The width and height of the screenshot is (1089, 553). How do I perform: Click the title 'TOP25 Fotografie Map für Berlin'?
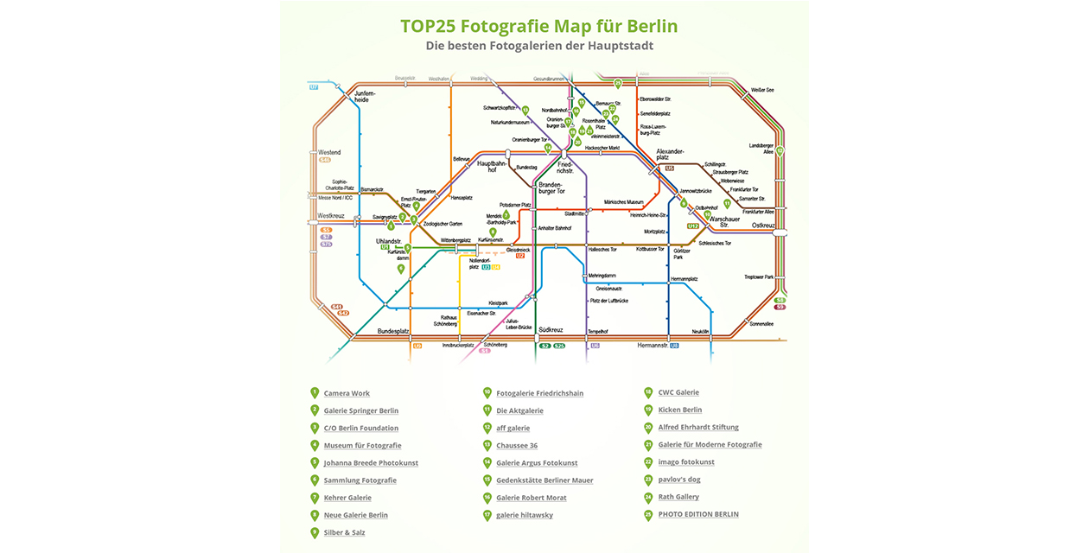[x=538, y=26]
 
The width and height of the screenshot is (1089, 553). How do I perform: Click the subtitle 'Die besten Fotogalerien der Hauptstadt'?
[x=538, y=46]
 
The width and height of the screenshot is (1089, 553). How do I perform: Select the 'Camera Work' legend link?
[x=347, y=393]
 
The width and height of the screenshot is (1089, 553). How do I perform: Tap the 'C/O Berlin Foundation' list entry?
[x=360, y=428]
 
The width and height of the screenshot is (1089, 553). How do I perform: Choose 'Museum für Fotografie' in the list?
[x=362, y=445]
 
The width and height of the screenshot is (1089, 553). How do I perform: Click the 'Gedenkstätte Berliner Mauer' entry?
[x=544, y=480]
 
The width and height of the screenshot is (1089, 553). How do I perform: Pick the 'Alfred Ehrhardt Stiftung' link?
[x=698, y=427]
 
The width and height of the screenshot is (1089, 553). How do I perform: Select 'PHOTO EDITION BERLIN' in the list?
[x=698, y=514]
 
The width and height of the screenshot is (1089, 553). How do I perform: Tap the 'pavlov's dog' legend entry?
[x=678, y=479]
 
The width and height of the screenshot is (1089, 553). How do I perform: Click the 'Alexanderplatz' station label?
[x=670, y=154]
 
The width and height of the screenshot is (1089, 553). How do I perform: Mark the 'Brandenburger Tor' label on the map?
[x=551, y=188]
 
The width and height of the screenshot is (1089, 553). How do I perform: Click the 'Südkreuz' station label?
[x=550, y=330]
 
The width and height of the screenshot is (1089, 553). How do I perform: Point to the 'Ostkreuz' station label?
[x=763, y=225]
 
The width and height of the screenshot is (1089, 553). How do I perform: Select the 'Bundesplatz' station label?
[x=392, y=331]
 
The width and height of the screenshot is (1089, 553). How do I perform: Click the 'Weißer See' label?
[x=762, y=90]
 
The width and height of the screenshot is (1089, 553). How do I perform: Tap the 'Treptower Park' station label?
[x=759, y=277]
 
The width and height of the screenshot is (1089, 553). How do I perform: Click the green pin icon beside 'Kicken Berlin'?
[x=648, y=410]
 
